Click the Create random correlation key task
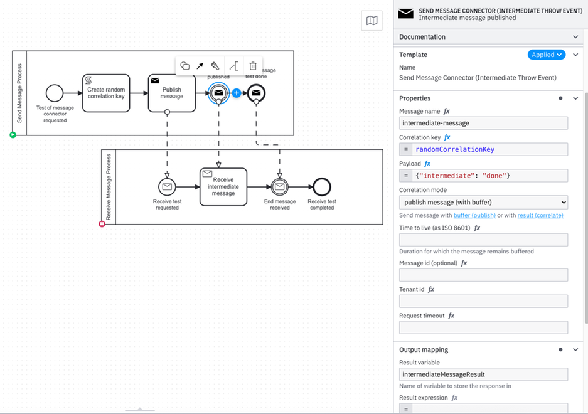click(105, 93)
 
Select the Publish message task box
click(167, 93)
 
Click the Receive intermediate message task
click(223, 186)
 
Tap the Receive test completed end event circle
click(321, 186)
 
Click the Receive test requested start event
click(167, 186)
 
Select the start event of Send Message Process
click(55, 93)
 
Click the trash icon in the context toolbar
click(252, 66)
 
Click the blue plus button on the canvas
click(237, 93)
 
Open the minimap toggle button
click(372, 21)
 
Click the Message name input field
click(483, 123)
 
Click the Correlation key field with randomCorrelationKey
click(489, 149)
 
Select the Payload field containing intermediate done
click(489, 176)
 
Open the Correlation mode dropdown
click(483, 202)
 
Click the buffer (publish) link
click(474, 215)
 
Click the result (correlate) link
click(540, 215)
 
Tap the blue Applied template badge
click(546, 55)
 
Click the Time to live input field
click(483, 240)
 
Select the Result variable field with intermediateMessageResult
click(483, 374)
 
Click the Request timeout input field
click(483, 327)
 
